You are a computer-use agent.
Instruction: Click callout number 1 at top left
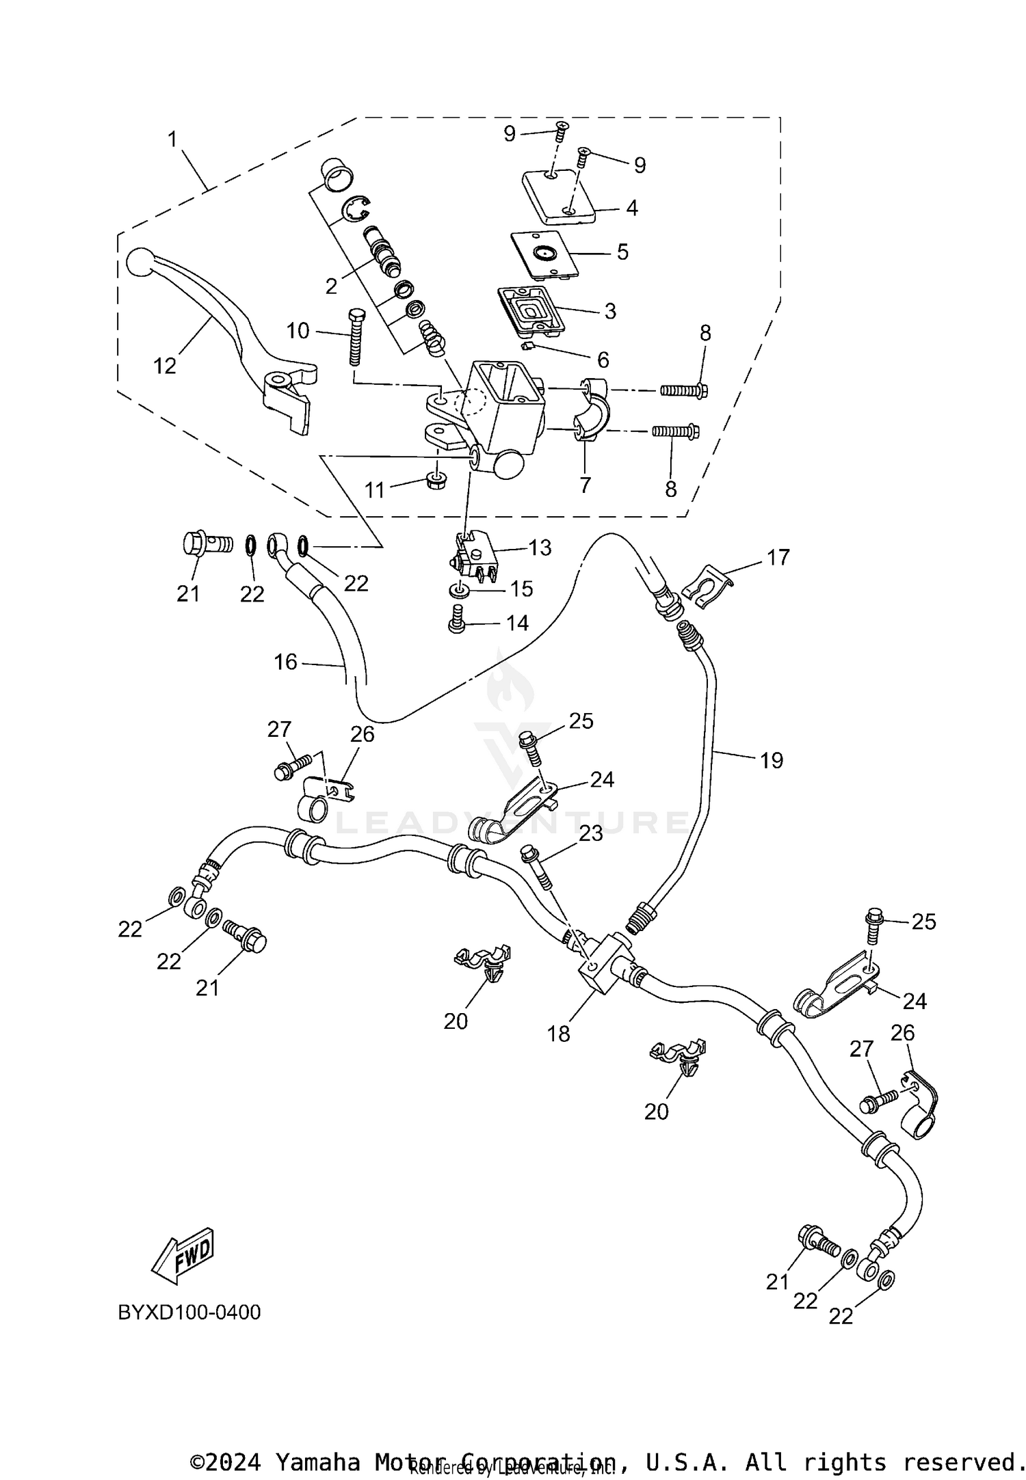coord(172,139)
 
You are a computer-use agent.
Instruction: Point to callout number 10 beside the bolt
coord(298,332)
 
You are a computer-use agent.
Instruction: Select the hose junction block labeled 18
coord(601,963)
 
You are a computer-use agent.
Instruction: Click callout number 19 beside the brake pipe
coord(772,760)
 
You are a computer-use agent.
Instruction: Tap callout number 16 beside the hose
coord(286,662)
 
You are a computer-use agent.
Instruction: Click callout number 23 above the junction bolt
coord(591,833)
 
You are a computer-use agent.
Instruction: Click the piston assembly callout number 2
coord(332,286)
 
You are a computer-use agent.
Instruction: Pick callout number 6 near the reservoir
coord(603,360)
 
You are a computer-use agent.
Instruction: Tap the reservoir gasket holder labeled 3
coord(525,311)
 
